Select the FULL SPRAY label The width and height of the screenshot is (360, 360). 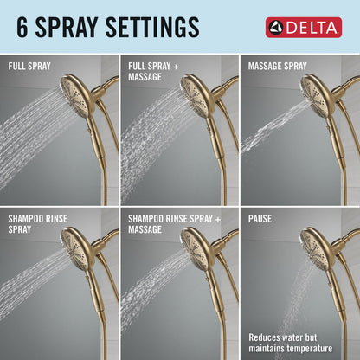tap(30, 66)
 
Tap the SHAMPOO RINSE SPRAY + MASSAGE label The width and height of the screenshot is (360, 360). tap(169, 224)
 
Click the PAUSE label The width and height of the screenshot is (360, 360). tap(260, 219)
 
